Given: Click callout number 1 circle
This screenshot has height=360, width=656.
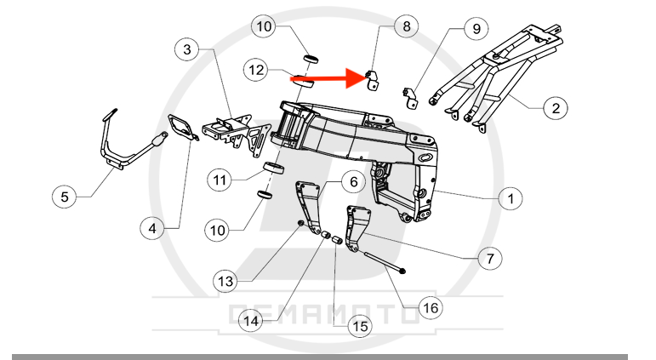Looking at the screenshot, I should click(510, 199).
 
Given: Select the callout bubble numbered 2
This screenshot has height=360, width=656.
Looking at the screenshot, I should click(555, 108).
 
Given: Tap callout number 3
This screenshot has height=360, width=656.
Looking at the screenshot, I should click(188, 49).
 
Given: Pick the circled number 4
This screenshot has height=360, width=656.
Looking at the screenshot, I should click(151, 228).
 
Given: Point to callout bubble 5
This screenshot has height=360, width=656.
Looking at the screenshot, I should click(64, 197).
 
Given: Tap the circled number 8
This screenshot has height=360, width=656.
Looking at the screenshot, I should click(406, 26).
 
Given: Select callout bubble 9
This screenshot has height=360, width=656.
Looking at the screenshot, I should click(476, 28).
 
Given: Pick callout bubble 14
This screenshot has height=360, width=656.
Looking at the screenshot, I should click(251, 321).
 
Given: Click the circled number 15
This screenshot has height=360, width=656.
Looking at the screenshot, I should click(361, 326).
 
